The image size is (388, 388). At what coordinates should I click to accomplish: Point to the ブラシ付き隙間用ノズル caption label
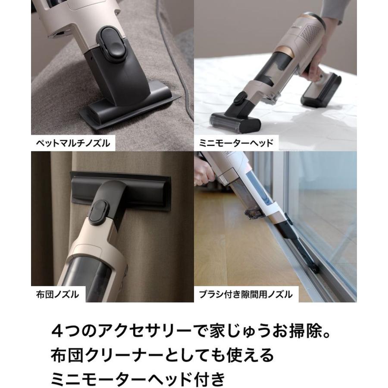245,294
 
